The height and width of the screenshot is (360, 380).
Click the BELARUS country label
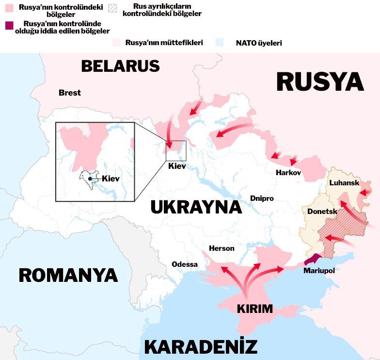click(x=120, y=65)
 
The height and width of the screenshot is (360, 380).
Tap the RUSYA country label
click(x=320, y=82)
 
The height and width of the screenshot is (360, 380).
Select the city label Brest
click(x=70, y=93)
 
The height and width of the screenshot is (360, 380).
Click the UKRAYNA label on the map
click(x=196, y=207)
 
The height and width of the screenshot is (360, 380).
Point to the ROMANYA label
click(x=68, y=275)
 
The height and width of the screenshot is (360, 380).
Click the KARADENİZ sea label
click(x=201, y=347)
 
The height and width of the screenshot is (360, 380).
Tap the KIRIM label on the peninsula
click(x=254, y=309)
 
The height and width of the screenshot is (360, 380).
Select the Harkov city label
click(x=288, y=173)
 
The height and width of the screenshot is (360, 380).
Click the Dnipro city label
click(x=262, y=198)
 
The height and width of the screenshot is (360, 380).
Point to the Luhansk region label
click(x=344, y=183)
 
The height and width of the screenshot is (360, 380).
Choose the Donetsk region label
click(x=322, y=212)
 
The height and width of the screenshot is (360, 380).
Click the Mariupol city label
click(x=319, y=271)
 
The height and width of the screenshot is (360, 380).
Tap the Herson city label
click(x=222, y=248)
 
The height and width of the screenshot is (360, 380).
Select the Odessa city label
click(x=185, y=264)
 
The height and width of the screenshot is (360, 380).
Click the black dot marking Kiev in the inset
click(x=90, y=179)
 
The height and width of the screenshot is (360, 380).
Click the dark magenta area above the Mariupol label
click(x=314, y=259)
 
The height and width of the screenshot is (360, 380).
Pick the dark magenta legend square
click(x=9, y=25)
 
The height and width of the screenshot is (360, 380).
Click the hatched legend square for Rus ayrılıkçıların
click(x=112, y=8)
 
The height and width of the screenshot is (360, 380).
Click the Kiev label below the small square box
click(x=176, y=166)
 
